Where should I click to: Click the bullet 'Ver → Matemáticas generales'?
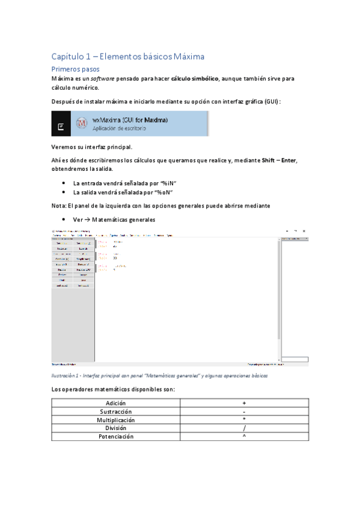pos(114,220)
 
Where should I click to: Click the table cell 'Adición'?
pos(116,403)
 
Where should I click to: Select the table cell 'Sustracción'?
pos(116,411)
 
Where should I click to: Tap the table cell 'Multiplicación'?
pos(116,420)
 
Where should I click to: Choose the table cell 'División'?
pos(116,428)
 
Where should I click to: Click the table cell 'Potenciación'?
pos(116,437)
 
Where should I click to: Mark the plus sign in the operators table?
pos(245,403)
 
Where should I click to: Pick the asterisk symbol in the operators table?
pos(245,420)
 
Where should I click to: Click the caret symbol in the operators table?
pos(245,436)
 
